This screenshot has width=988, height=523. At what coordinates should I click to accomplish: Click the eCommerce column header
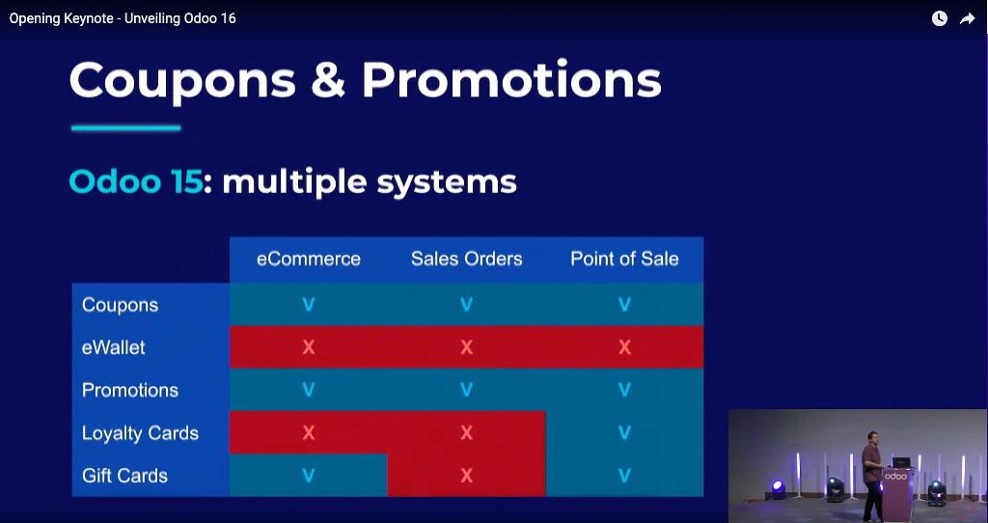[308, 259]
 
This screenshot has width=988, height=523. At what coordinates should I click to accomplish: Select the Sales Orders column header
[466, 259]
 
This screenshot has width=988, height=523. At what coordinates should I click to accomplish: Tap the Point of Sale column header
[624, 259]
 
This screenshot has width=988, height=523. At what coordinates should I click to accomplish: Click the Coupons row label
[120, 305]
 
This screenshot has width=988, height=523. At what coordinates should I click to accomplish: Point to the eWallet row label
[114, 347]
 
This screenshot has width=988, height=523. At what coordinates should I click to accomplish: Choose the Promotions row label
[130, 390]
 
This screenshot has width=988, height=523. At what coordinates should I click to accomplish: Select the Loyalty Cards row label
[140, 433]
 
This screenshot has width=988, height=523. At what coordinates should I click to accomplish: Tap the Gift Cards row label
[124, 475]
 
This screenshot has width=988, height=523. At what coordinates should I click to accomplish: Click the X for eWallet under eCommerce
[308, 347]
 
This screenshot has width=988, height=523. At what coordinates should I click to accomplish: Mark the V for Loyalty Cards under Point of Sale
[624, 432]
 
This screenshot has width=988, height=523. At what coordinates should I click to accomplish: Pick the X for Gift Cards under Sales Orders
[466, 475]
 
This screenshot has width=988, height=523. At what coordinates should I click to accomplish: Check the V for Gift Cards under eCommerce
[308, 475]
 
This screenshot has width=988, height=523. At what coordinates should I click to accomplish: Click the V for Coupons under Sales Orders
[466, 305]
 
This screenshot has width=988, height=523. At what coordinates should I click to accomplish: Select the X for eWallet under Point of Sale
[624, 347]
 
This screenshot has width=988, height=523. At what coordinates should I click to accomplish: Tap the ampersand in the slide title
[328, 80]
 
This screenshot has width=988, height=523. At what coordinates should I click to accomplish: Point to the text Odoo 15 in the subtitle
[136, 181]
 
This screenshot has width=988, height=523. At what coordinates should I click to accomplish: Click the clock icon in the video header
[940, 18]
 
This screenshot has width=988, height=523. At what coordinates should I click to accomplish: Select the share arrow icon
[967, 19]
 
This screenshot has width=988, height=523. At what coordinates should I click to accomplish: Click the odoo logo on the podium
[895, 477]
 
